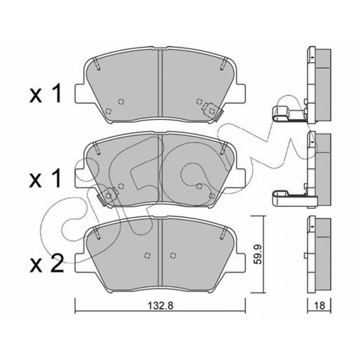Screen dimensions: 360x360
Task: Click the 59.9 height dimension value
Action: click(x=258, y=254)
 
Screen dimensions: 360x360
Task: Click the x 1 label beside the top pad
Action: click(x=46, y=93)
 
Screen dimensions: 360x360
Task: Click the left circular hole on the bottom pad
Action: click(x=147, y=255)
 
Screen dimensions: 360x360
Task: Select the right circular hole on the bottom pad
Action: click(x=174, y=255)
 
